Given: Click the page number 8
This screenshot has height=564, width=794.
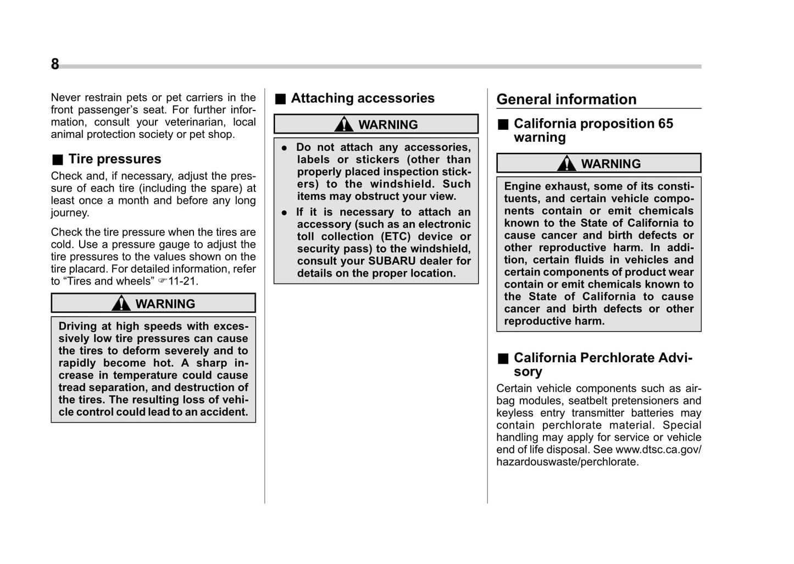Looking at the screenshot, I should click(55, 64).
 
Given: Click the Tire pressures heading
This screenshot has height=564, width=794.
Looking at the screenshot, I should click(114, 159).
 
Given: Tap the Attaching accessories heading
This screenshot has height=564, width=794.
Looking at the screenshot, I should click(362, 98).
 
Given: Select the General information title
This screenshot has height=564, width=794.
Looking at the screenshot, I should click(566, 99).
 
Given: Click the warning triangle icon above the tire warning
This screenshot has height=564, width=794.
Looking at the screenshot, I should click(121, 303).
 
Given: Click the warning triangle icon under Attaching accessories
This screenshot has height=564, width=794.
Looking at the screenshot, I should click(344, 124).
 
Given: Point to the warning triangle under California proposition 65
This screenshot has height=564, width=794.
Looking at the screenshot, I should click(567, 164).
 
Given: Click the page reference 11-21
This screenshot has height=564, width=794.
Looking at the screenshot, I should click(182, 281).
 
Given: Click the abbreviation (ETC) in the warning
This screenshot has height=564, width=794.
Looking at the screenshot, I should click(396, 236).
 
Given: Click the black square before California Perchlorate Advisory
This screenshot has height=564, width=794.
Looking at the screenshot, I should click(503, 359).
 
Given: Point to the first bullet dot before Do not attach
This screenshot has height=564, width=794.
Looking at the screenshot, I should click(284, 148).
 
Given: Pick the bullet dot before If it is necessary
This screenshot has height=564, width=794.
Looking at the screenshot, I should click(284, 213).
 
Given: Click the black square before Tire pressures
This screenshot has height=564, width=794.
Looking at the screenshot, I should click(58, 160).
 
